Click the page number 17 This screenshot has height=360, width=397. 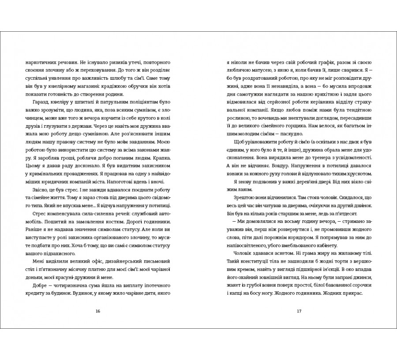(299, 311)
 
